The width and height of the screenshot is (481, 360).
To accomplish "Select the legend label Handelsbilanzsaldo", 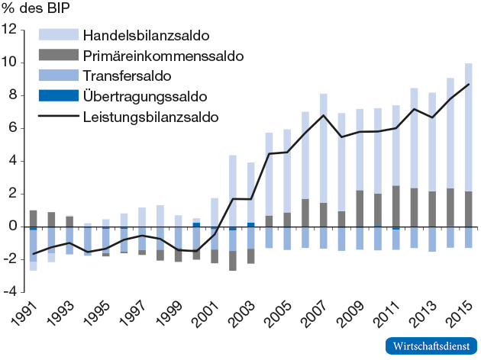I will tap(147, 36).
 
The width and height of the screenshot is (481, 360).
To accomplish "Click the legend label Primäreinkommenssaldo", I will tap(163, 56).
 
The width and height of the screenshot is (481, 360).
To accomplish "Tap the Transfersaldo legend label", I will tap(127, 76).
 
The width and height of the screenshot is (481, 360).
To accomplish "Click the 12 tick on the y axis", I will tap(10, 29).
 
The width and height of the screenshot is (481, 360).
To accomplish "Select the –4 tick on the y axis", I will tap(10, 292).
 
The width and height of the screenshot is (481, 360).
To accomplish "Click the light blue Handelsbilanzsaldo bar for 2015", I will tap(468, 127).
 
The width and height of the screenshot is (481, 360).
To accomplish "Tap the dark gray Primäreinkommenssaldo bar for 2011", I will tap(395, 206).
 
